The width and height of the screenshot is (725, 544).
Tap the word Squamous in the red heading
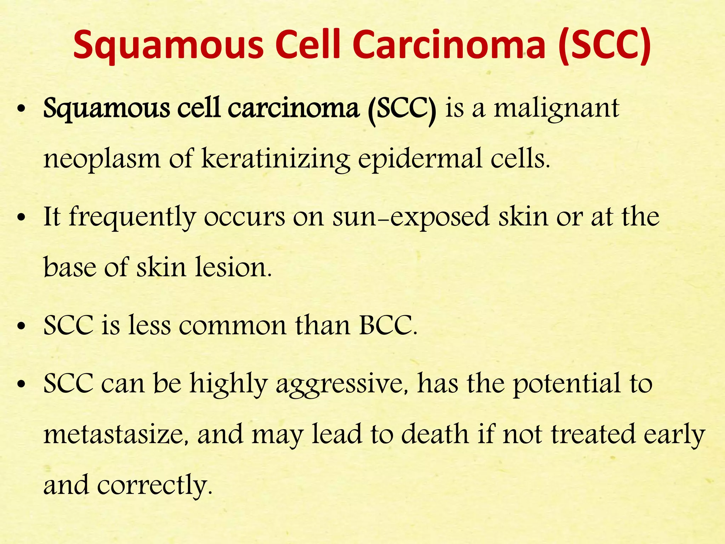click(169, 44)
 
